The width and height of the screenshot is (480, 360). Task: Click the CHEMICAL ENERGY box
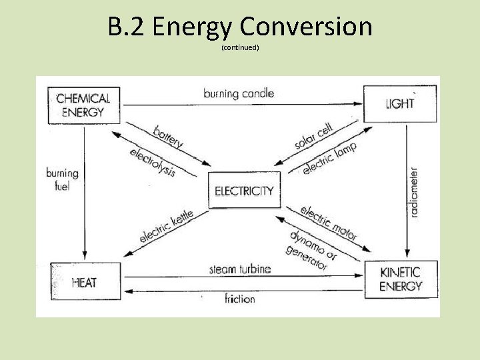point(84,105)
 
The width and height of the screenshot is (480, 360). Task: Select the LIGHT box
point(399,103)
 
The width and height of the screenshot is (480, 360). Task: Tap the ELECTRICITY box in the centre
point(244,191)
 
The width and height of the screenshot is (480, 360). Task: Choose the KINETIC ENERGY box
point(401,279)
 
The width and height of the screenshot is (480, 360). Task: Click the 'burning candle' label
point(239,93)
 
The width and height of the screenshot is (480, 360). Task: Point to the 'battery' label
point(168,136)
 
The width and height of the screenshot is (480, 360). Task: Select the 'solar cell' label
point(313,136)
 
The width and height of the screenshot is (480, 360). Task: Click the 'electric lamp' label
point(329,158)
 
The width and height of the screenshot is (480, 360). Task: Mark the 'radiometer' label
point(414,193)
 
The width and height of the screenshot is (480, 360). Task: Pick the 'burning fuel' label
point(62,179)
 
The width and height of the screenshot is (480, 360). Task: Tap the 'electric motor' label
point(329,223)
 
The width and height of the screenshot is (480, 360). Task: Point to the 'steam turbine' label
point(240,269)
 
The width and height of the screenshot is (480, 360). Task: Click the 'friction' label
point(240,298)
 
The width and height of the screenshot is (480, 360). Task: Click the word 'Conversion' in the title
point(306,27)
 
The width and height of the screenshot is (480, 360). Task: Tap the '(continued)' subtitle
point(239,48)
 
